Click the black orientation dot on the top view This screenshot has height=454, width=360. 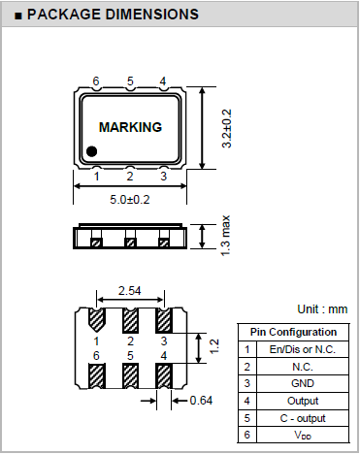(92, 151)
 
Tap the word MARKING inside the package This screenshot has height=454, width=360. (130, 127)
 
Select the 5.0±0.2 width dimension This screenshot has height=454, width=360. (130, 200)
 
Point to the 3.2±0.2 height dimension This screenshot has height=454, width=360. (226, 128)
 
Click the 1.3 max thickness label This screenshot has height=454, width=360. (225, 236)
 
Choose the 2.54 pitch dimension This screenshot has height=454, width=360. (130, 291)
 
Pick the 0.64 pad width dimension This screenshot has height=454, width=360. (201, 401)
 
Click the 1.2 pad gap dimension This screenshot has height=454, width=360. (214, 346)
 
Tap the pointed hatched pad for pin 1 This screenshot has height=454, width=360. (96, 320)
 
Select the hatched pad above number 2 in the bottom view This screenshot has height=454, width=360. (130, 320)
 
